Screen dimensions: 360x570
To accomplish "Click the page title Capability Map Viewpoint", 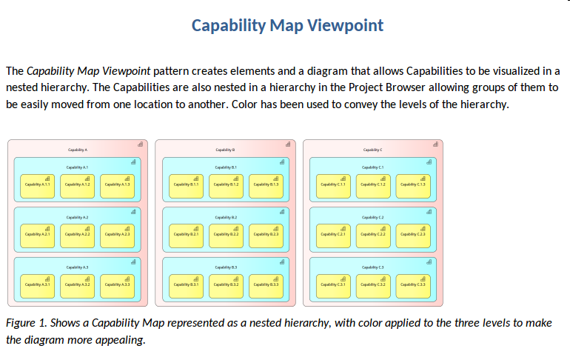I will (287, 25).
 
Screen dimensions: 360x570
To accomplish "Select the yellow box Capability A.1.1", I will (37, 185).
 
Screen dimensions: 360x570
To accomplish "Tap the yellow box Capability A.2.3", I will (117, 235).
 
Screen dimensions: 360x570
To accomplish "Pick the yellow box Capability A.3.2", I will (77, 284).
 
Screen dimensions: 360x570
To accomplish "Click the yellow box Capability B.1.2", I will (226, 185).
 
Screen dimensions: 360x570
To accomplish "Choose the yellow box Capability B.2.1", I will (186, 235).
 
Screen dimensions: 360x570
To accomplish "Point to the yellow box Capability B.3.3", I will (266, 284).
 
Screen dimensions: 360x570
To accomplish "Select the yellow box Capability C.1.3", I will (412, 185).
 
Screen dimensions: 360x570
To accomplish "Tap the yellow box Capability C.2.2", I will (372, 235).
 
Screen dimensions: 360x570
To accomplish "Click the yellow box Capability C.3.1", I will (332, 284).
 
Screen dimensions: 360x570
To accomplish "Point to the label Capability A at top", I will (77, 150).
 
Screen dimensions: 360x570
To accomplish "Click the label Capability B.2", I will (226, 217).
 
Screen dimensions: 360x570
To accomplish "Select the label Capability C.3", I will (372, 267).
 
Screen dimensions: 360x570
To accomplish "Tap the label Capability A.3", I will (77, 267).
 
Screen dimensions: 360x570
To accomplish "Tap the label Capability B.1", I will (226, 167).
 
